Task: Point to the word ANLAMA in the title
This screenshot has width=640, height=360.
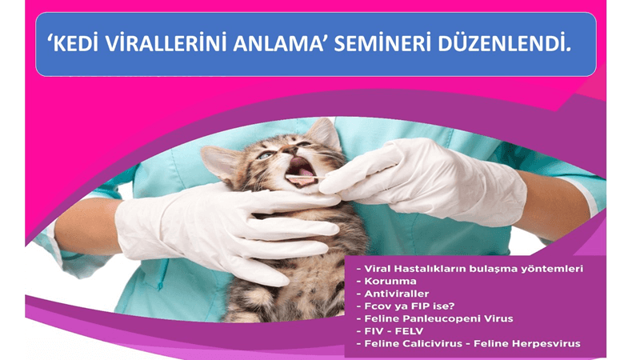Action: (278, 44)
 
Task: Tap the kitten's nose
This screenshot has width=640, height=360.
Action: (289, 150)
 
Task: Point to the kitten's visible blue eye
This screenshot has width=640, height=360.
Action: (265, 155)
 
